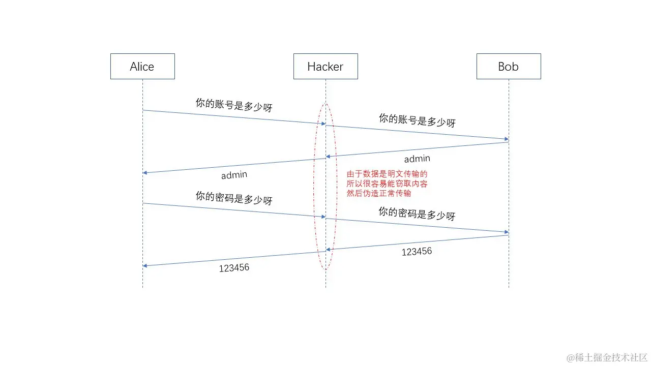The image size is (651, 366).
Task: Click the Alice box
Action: pyautogui.click(x=142, y=66)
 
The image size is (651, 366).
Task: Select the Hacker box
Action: pyautogui.click(x=325, y=66)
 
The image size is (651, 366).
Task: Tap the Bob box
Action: pyautogui.click(x=509, y=66)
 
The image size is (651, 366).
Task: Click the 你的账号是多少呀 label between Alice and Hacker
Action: pyautogui.click(x=234, y=105)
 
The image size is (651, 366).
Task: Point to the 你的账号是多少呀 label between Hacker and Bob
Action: pyautogui.click(x=417, y=120)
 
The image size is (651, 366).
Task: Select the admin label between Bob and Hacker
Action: pyautogui.click(x=417, y=159)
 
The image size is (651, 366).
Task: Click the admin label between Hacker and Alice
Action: pyautogui.click(x=234, y=175)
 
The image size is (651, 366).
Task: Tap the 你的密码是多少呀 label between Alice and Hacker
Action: pyautogui.click(x=234, y=198)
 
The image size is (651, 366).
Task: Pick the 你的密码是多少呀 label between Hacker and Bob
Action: pyautogui.click(x=417, y=213)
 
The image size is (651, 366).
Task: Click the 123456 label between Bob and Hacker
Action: pyautogui.click(x=417, y=251)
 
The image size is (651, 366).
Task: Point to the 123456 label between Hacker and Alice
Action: pyautogui.click(x=234, y=267)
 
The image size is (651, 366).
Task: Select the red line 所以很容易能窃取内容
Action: pyautogui.click(x=387, y=184)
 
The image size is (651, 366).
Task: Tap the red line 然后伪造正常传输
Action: pyautogui.click(x=379, y=193)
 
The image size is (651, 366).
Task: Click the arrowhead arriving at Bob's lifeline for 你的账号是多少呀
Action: pyautogui.click(x=506, y=139)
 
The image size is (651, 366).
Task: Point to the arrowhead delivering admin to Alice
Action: pyautogui.click(x=145, y=173)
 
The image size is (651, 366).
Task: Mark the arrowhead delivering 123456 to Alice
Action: pyautogui.click(x=145, y=265)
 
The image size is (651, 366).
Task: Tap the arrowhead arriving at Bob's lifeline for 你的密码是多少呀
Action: pyautogui.click(x=506, y=232)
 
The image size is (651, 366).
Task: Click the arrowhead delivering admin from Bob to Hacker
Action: pyautogui.click(x=329, y=156)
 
